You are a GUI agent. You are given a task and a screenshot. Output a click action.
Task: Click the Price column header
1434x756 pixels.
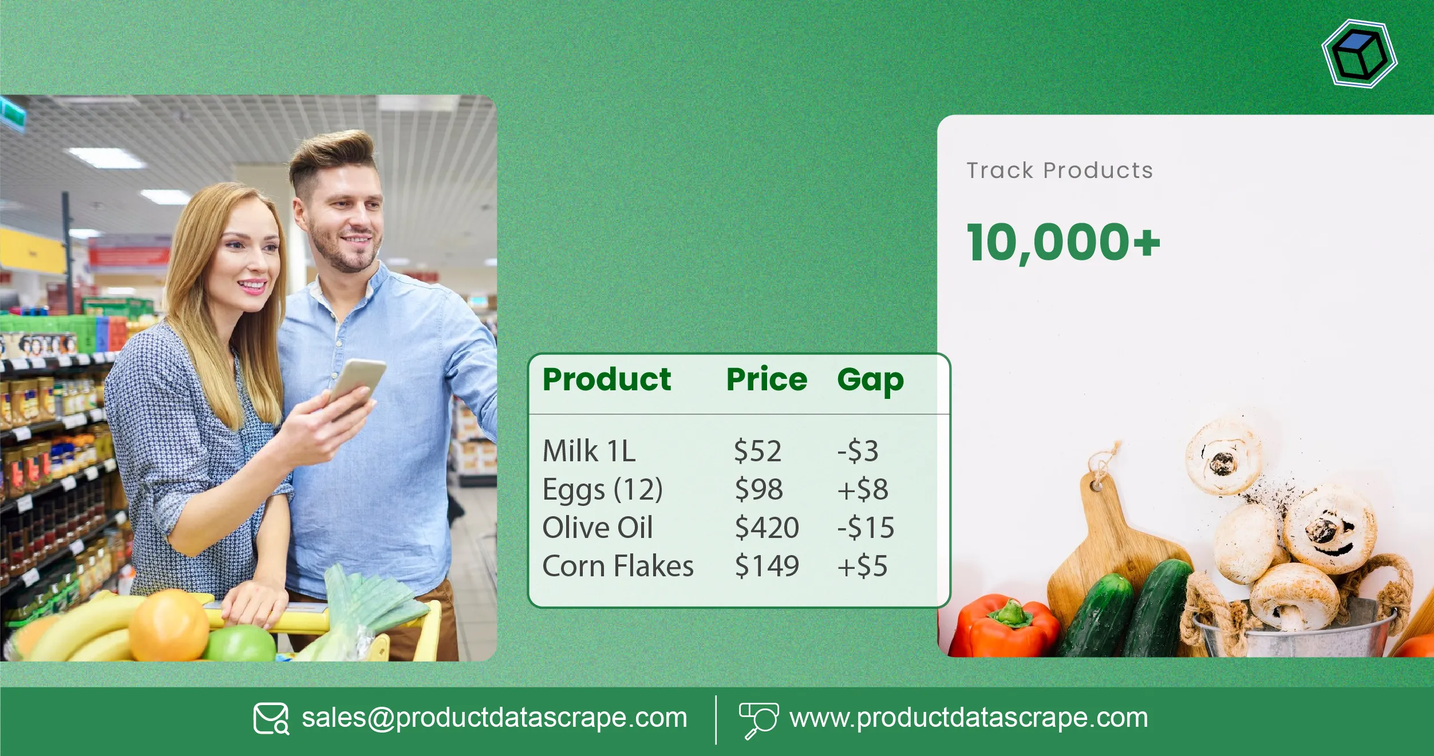point(767,379)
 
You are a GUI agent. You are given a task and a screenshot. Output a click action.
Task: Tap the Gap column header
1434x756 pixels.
point(870,381)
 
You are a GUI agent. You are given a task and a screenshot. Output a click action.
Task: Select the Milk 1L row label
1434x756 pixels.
point(589,451)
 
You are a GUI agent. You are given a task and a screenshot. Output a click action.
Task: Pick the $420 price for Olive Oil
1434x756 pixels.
point(767,527)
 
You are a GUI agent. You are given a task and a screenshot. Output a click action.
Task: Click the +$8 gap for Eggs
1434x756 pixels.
point(863,489)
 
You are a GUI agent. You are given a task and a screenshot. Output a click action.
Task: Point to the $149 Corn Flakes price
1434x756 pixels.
point(767,566)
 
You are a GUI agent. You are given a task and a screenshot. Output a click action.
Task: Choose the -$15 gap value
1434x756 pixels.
point(866,527)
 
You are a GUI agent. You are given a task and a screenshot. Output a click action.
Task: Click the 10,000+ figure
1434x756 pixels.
point(1063,243)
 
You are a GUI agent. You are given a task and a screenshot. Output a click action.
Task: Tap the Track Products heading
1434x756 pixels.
point(1060,171)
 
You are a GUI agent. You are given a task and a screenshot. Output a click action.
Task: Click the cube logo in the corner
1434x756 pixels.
point(1360,54)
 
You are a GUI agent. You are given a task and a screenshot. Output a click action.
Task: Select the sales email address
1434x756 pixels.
point(494,718)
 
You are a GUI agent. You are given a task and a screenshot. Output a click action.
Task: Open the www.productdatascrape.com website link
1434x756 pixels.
point(969,718)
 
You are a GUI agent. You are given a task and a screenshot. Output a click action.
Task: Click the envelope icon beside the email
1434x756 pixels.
point(271,719)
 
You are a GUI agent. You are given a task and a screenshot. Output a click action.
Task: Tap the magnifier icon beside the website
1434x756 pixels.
point(759,721)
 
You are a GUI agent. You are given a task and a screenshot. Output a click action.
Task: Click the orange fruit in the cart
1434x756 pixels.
point(168,626)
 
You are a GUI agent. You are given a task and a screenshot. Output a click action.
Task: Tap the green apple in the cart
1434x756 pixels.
point(240,643)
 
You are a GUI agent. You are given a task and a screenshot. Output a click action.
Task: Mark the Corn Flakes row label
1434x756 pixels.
point(618,566)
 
